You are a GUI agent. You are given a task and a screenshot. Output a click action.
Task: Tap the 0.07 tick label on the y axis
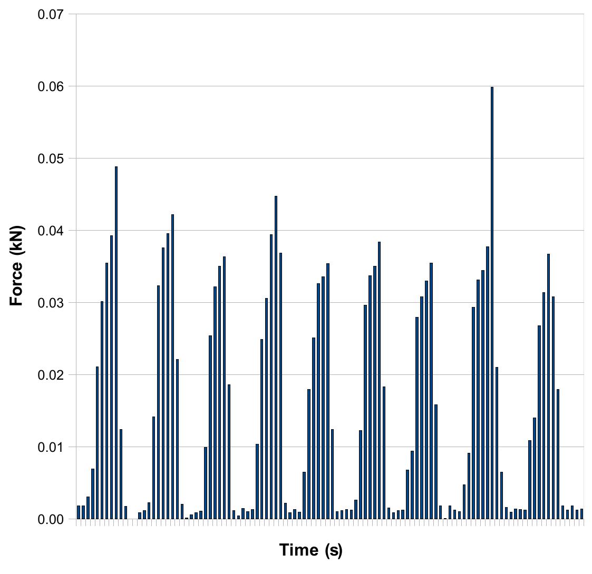[x=51, y=14]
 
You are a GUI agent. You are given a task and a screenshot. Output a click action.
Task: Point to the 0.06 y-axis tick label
[x=51, y=86]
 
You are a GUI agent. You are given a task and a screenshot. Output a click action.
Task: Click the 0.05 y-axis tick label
[x=51, y=159]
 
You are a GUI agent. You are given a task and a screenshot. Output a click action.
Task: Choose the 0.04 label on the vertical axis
[x=51, y=231]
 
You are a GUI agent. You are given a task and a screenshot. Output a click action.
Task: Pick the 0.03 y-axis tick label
[x=51, y=303]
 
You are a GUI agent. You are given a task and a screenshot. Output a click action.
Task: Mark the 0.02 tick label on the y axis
[x=51, y=375]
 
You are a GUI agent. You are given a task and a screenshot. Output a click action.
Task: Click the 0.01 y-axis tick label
[x=51, y=447]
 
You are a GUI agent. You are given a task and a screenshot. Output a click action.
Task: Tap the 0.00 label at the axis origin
[x=51, y=519]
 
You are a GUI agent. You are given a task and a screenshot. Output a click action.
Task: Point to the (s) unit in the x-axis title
[x=333, y=551]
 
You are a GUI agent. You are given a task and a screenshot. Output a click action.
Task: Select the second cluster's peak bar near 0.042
[x=172, y=367]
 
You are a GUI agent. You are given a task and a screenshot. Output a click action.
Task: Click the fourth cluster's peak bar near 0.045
[x=276, y=357]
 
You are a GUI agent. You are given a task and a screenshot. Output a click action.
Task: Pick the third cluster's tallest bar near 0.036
[x=224, y=388]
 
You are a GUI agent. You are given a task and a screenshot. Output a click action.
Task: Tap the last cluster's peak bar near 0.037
[x=548, y=387]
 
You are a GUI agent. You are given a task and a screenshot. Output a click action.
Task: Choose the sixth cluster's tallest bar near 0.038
[x=379, y=381]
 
